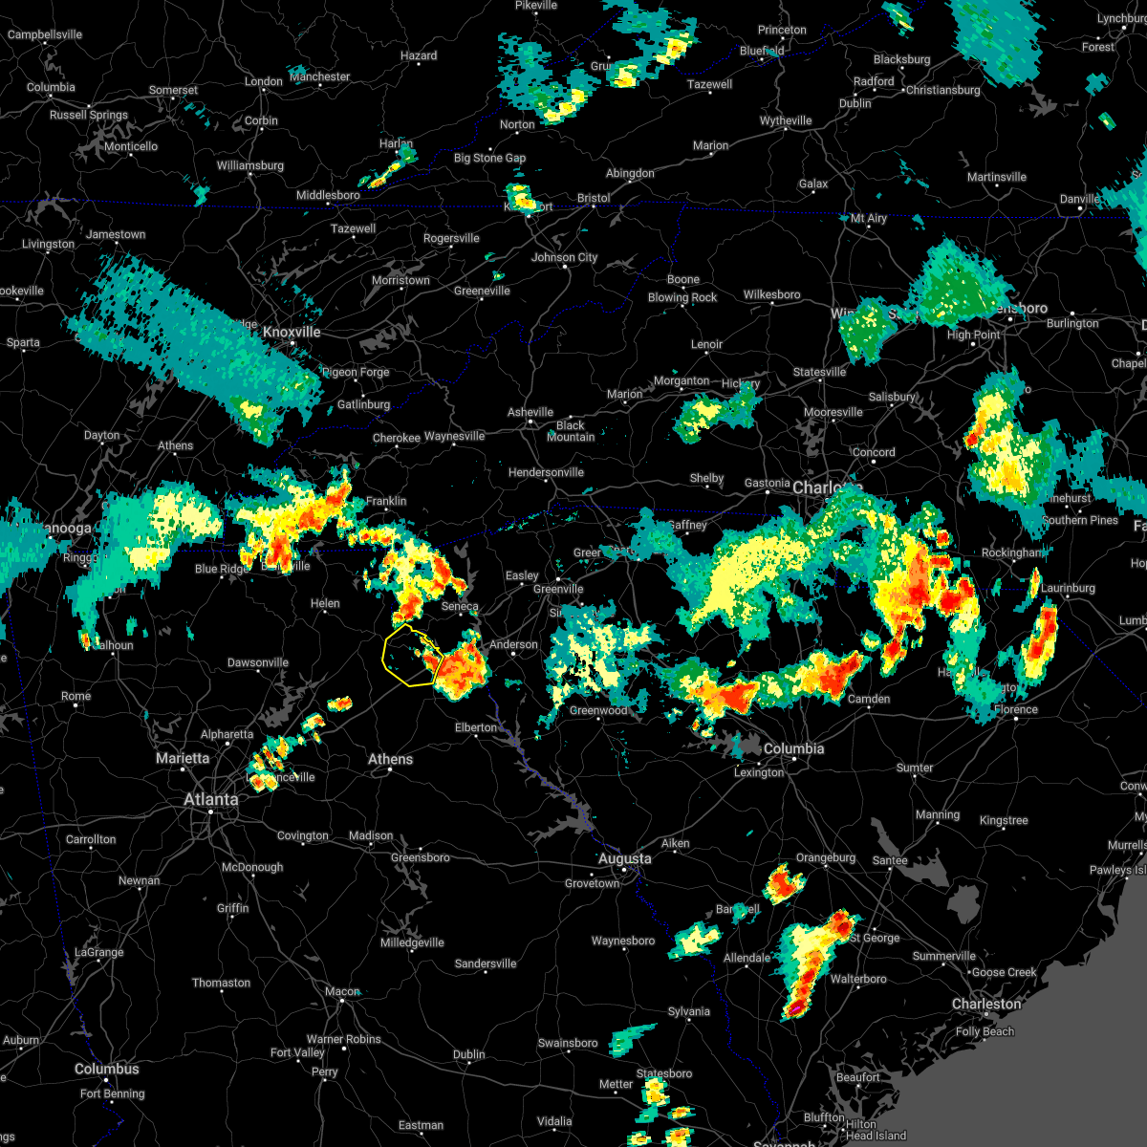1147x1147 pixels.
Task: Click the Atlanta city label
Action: [x=211, y=799]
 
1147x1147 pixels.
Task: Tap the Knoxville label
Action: [x=292, y=332]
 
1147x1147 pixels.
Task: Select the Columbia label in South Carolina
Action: [x=793, y=748]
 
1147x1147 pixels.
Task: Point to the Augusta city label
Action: [x=625, y=858]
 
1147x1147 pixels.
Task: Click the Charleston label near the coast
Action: [x=986, y=1004]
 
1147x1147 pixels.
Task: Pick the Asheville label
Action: [x=530, y=412]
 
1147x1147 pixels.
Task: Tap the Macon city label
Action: [x=342, y=991]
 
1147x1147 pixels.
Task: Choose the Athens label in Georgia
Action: [x=391, y=759]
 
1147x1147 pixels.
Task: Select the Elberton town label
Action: [x=475, y=727]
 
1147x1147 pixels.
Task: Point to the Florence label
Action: [x=1015, y=709]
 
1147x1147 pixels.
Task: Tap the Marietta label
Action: [x=183, y=758]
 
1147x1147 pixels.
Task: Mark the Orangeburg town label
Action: [x=826, y=857]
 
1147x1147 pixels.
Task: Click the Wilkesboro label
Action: [x=771, y=294]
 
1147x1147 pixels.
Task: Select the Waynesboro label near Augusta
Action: [x=623, y=941]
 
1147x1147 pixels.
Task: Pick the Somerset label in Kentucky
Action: [x=173, y=91]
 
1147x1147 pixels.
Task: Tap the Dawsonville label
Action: [x=257, y=662]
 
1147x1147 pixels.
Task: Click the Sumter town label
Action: [x=915, y=768]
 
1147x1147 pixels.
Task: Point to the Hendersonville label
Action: [x=546, y=472]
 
